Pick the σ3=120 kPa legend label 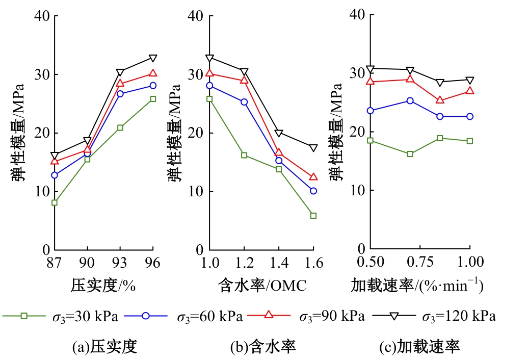[x=459, y=317]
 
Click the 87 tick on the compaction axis [x=54, y=263]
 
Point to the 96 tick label [x=152, y=263]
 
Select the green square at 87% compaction [x=55, y=202]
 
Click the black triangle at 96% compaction [x=153, y=58]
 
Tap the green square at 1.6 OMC [x=313, y=216]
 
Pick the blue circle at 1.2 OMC [x=244, y=102]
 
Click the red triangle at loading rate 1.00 [x=470, y=91]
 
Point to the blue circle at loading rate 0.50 [x=371, y=111]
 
